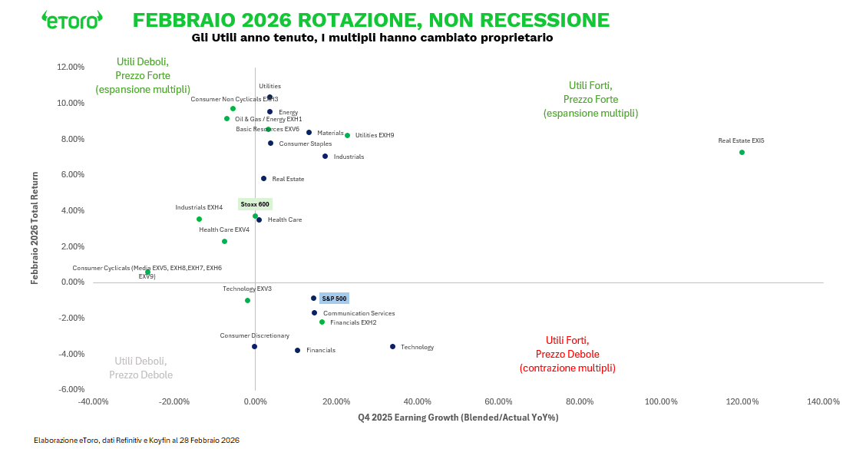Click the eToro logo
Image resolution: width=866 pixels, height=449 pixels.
pos(71,20)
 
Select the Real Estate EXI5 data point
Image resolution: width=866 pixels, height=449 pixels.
pos(742,152)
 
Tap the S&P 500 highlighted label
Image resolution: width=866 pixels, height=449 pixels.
pos(334,299)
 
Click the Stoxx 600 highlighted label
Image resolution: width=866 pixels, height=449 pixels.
pos(255,204)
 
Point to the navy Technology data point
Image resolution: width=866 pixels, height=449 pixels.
pos(392,347)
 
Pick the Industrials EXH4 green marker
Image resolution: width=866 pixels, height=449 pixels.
pos(199,220)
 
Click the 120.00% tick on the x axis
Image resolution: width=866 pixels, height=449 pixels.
pos(742,401)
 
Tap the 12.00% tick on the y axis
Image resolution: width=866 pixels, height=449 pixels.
pos(71,67)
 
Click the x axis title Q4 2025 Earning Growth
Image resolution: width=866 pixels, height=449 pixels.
pos(458,418)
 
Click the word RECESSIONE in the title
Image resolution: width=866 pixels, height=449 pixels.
pos(537,20)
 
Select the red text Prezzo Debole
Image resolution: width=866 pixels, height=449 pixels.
pos(567,354)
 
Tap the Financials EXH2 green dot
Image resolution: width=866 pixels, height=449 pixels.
pos(322,322)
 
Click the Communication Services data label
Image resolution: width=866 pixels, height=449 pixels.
pos(359,313)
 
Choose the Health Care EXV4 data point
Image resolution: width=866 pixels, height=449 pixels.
pos(224,242)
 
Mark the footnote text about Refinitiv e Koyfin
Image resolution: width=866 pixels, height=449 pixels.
pos(137,440)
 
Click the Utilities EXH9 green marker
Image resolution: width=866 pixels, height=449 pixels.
pos(347,136)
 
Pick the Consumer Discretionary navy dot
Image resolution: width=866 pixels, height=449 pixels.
pos(254,347)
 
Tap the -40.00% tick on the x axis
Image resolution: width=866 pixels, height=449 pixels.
pos(93,401)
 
